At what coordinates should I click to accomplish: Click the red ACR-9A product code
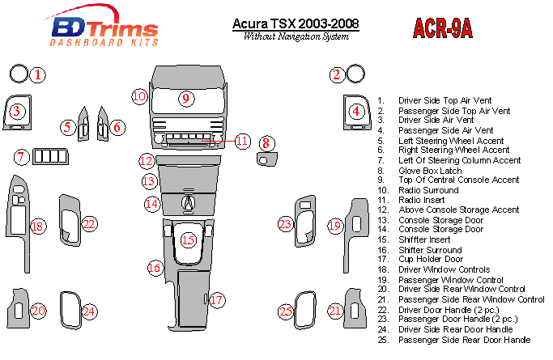[442, 28]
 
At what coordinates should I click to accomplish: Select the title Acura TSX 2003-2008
[296, 24]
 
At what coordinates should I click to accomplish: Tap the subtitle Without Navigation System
[296, 36]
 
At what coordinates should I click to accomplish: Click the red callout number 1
[37, 75]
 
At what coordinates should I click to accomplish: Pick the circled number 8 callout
[266, 143]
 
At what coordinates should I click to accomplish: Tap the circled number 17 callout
[216, 300]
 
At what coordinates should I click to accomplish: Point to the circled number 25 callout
[286, 311]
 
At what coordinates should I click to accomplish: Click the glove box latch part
[267, 159]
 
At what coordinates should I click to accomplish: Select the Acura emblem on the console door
[189, 203]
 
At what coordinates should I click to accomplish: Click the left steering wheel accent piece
[83, 124]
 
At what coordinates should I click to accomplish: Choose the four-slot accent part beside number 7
[50, 156]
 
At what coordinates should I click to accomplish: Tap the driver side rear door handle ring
[70, 310]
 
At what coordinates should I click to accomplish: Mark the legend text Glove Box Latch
[430, 171]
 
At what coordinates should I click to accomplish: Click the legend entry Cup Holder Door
[431, 259]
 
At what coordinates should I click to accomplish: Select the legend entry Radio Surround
[428, 190]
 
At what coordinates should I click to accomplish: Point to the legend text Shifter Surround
[430, 250]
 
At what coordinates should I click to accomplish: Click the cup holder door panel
[194, 299]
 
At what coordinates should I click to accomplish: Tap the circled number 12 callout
[147, 161]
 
